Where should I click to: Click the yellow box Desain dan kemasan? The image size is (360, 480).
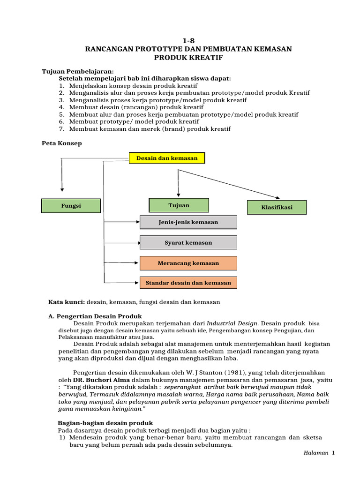pyautogui.click(x=167, y=158)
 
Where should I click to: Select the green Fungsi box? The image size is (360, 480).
pyautogui.click(x=71, y=206)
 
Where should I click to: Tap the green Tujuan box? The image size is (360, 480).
pyautogui.click(x=179, y=205)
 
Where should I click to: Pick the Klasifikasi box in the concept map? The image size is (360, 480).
pyautogui.click(x=277, y=207)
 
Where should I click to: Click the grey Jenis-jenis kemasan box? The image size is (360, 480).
pyautogui.click(x=188, y=222)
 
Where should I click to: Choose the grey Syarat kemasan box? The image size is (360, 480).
pyautogui.click(x=188, y=243)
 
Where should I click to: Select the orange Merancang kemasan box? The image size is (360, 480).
pyautogui.click(x=188, y=263)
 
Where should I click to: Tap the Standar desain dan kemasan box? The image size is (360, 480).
pyautogui.click(x=188, y=283)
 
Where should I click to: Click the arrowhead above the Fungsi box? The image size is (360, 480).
pyautogui.click(x=61, y=188)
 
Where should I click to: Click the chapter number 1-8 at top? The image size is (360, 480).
pyautogui.click(x=187, y=41)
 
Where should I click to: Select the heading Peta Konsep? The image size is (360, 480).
pyautogui.click(x=62, y=143)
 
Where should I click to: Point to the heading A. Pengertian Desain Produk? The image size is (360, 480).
pyautogui.click(x=95, y=316)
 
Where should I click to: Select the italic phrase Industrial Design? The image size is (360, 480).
pyautogui.click(x=232, y=323)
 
